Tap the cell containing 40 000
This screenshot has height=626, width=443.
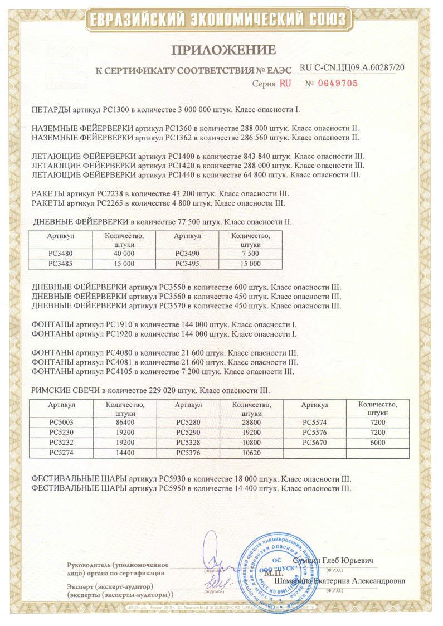(x=124, y=254)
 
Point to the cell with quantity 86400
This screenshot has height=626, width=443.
(x=124, y=423)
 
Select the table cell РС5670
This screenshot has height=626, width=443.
(x=314, y=443)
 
